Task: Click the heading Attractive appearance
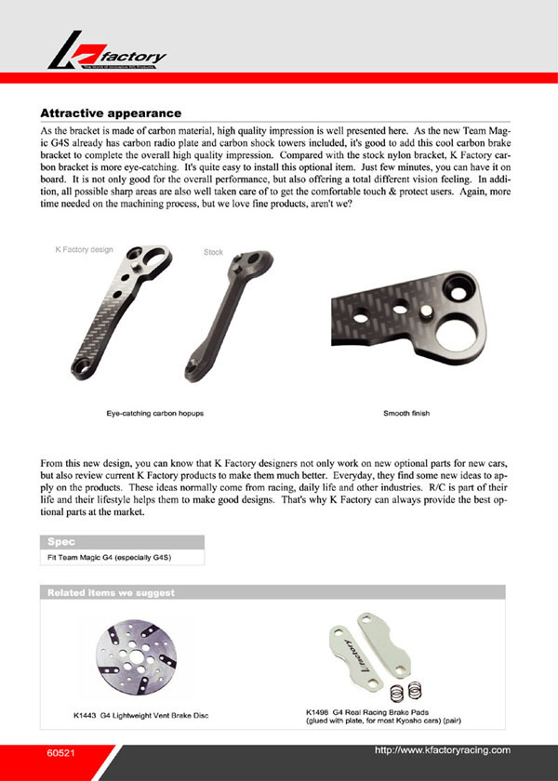click(111, 112)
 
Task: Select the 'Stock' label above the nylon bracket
click(213, 252)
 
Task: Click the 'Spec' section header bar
click(122, 541)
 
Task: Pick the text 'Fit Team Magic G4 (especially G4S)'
click(110, 557)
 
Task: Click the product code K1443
click(86, 717)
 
